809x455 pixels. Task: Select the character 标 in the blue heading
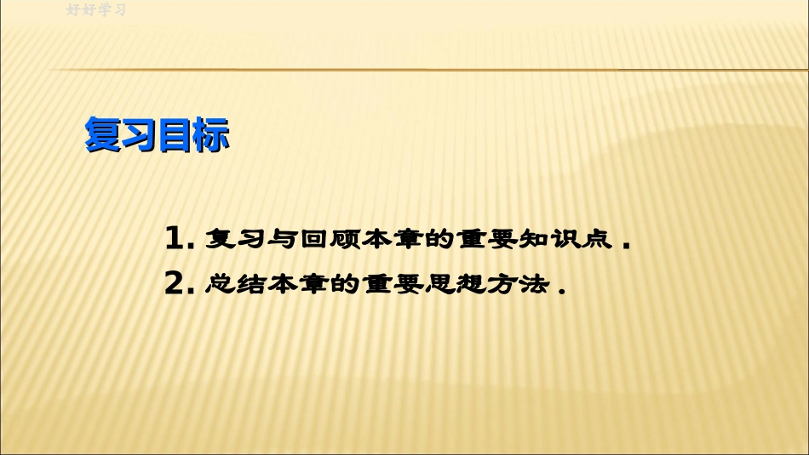[211, 136]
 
